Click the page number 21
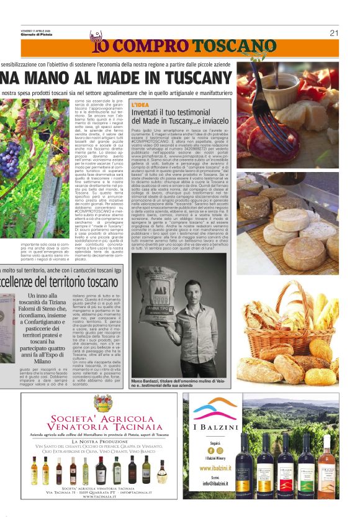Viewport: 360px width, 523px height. (334, 33)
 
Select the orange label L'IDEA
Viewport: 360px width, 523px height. (140, 104)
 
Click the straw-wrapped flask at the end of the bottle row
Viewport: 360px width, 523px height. (162, 471)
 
